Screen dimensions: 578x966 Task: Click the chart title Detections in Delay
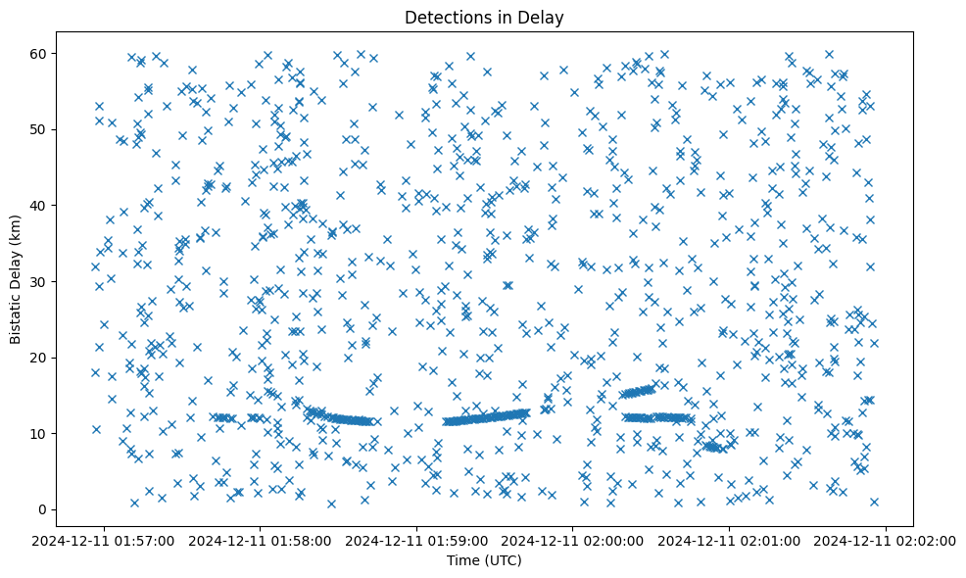[484, 17]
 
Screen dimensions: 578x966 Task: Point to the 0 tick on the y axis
[61, 509]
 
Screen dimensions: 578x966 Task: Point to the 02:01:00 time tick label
[730, 541]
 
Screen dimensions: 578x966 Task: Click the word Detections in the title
[447, 17]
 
